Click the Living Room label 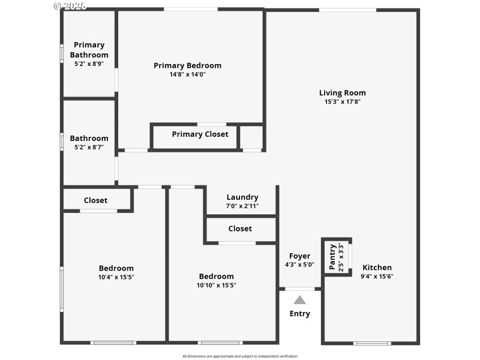point(342,93)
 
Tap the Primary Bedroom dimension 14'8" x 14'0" point(187,74)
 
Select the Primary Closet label point(200,134)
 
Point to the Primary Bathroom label point(89,50)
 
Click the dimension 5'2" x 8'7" point(89,147)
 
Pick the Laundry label point(242,197)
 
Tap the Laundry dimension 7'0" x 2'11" point(242,206)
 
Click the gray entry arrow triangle point(299,300)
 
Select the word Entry point(299,314)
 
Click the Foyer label point(299,256)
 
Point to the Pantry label point(332,257)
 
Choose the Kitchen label point(377,268)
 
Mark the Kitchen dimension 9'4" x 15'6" point(377,277)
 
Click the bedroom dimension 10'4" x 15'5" point(116,277)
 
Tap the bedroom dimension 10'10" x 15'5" point(217,285)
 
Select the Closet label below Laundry point(240,229)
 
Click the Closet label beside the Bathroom point(95,200)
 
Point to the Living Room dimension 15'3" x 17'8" point(342,102)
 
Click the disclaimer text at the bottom point(239,356)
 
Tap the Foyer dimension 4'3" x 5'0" point(299,265)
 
